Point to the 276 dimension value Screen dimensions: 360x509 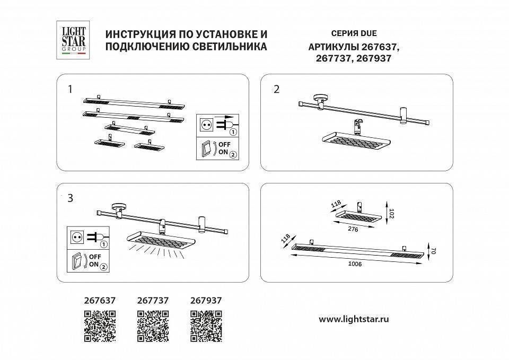353,230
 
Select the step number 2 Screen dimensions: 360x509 276,89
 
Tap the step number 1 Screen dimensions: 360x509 70,89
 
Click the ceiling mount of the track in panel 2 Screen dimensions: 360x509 320,99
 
